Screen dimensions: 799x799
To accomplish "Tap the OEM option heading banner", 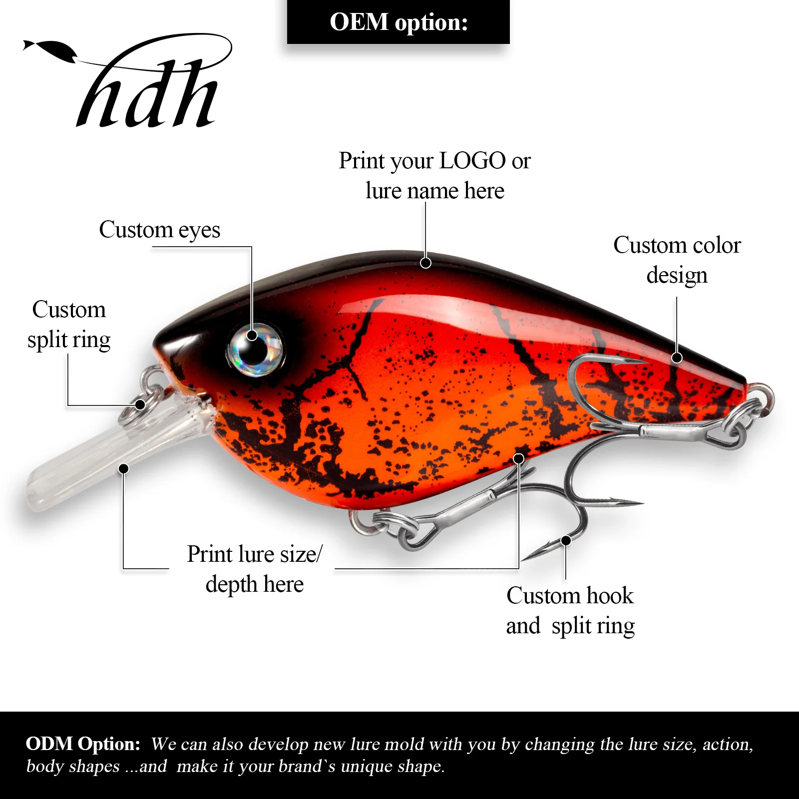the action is click(398, 22).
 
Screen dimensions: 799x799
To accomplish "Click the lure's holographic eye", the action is click(255, 348).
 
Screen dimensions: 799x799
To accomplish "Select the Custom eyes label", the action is click(159, 230).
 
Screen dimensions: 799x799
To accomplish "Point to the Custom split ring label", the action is click(68, 325).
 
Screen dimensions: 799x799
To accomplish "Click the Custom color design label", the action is click(677, 260).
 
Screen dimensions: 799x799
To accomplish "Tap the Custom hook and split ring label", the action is click(570, 611).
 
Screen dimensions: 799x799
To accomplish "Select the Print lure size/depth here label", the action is click(255, 569).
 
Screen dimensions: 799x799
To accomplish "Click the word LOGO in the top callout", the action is click(472, 161).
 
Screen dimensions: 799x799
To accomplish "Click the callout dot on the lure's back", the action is click(425, 263).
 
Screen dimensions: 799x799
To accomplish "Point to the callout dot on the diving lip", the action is click(124, 468).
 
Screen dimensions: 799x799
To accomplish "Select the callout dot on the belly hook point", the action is click(566, 540).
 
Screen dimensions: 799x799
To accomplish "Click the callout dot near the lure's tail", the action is click(677, 358).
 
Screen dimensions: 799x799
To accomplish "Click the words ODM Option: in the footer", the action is click(83, 744).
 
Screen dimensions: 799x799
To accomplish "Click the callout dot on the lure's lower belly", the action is click(519, 458).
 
